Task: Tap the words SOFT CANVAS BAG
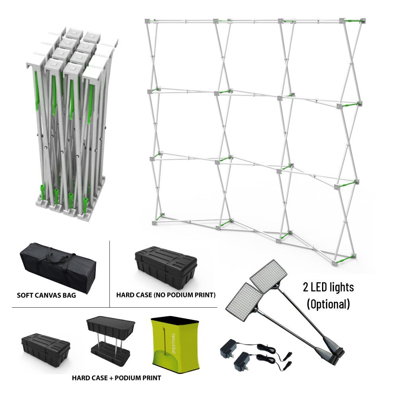point(47,295)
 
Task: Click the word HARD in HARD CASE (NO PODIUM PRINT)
point(124,295)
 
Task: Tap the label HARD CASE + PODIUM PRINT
point(116,378)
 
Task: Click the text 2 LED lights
point(328,287)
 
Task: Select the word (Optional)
point(328,304)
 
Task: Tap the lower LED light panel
point(244,302)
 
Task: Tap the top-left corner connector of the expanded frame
point(148,21)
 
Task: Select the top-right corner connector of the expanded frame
point(363,21)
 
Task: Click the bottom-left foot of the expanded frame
point(155,223)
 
